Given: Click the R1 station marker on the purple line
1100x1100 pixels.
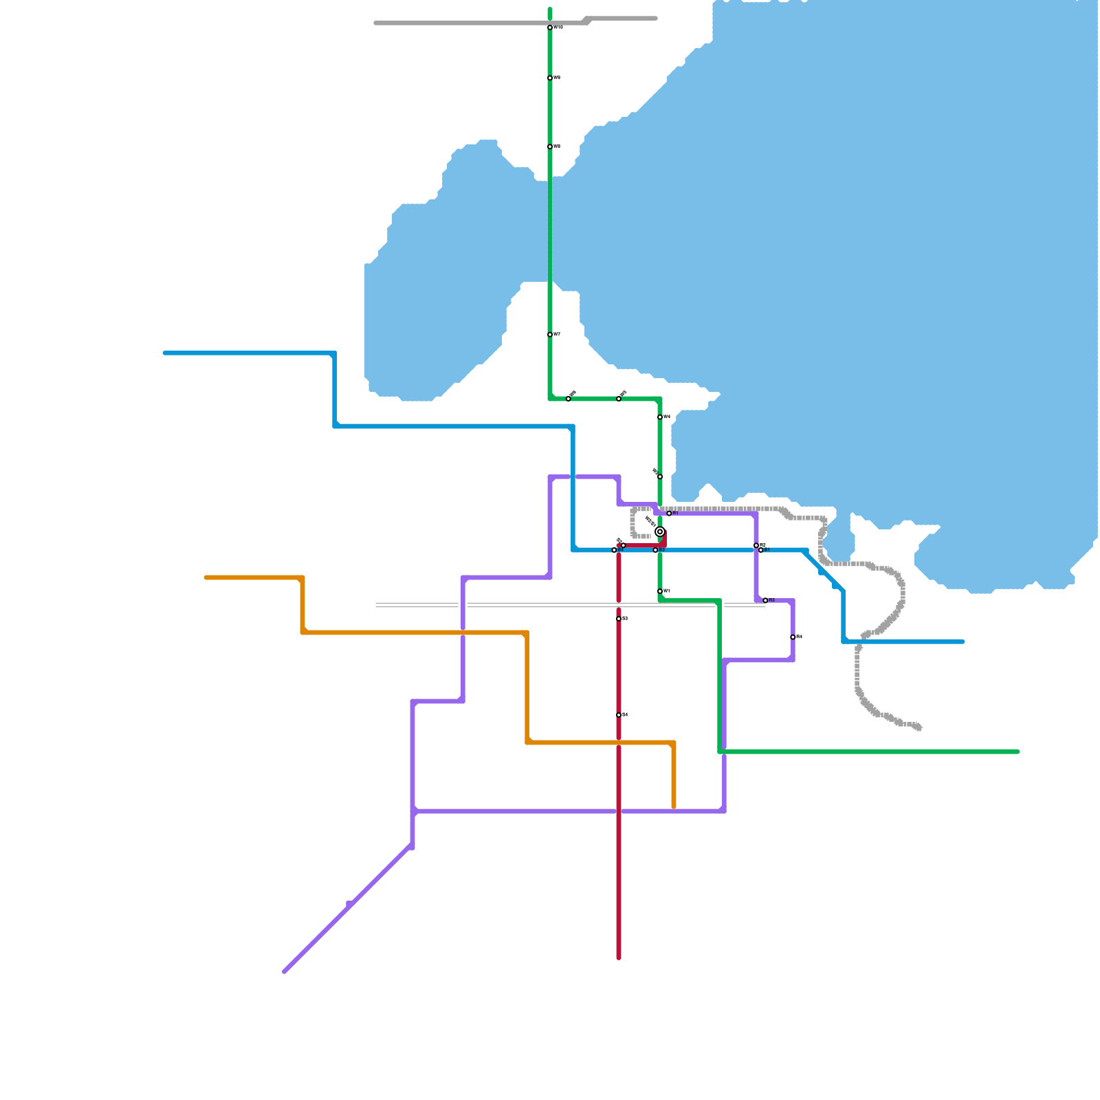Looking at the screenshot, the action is pos(669,514).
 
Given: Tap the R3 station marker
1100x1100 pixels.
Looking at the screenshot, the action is pos(765,600).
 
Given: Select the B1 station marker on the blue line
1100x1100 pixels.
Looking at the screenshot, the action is pos(760,550).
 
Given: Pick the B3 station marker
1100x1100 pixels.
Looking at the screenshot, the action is pos(655,550).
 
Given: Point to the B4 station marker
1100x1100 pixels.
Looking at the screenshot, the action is pos(614,550).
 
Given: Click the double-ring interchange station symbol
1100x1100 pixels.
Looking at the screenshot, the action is pos(660,531).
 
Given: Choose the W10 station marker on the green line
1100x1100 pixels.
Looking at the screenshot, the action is pos(550,27).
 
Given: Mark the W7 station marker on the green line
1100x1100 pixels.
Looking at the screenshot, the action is pos(550,335).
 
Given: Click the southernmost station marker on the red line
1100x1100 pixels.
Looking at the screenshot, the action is pos(619,715).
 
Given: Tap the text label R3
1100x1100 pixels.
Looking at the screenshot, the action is pos(772,600).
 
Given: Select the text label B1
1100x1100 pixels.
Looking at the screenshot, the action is pos(767,550).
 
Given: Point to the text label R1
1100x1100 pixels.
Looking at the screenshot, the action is pos(676,513).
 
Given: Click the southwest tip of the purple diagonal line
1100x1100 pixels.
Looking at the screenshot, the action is pos(284,971).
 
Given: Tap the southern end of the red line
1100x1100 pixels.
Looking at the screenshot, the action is pos(619,958).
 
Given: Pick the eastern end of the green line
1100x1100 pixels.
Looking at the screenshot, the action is pos(1017,751).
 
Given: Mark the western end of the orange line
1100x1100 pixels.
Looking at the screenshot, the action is pos(206,577).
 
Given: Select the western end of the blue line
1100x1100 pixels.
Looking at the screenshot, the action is pos(165,353).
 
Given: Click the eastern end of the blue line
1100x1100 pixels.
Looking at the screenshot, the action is pos(962,641).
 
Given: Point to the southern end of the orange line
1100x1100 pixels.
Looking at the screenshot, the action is pos(674,806).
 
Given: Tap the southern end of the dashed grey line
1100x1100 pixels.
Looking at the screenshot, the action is pos(919,727).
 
